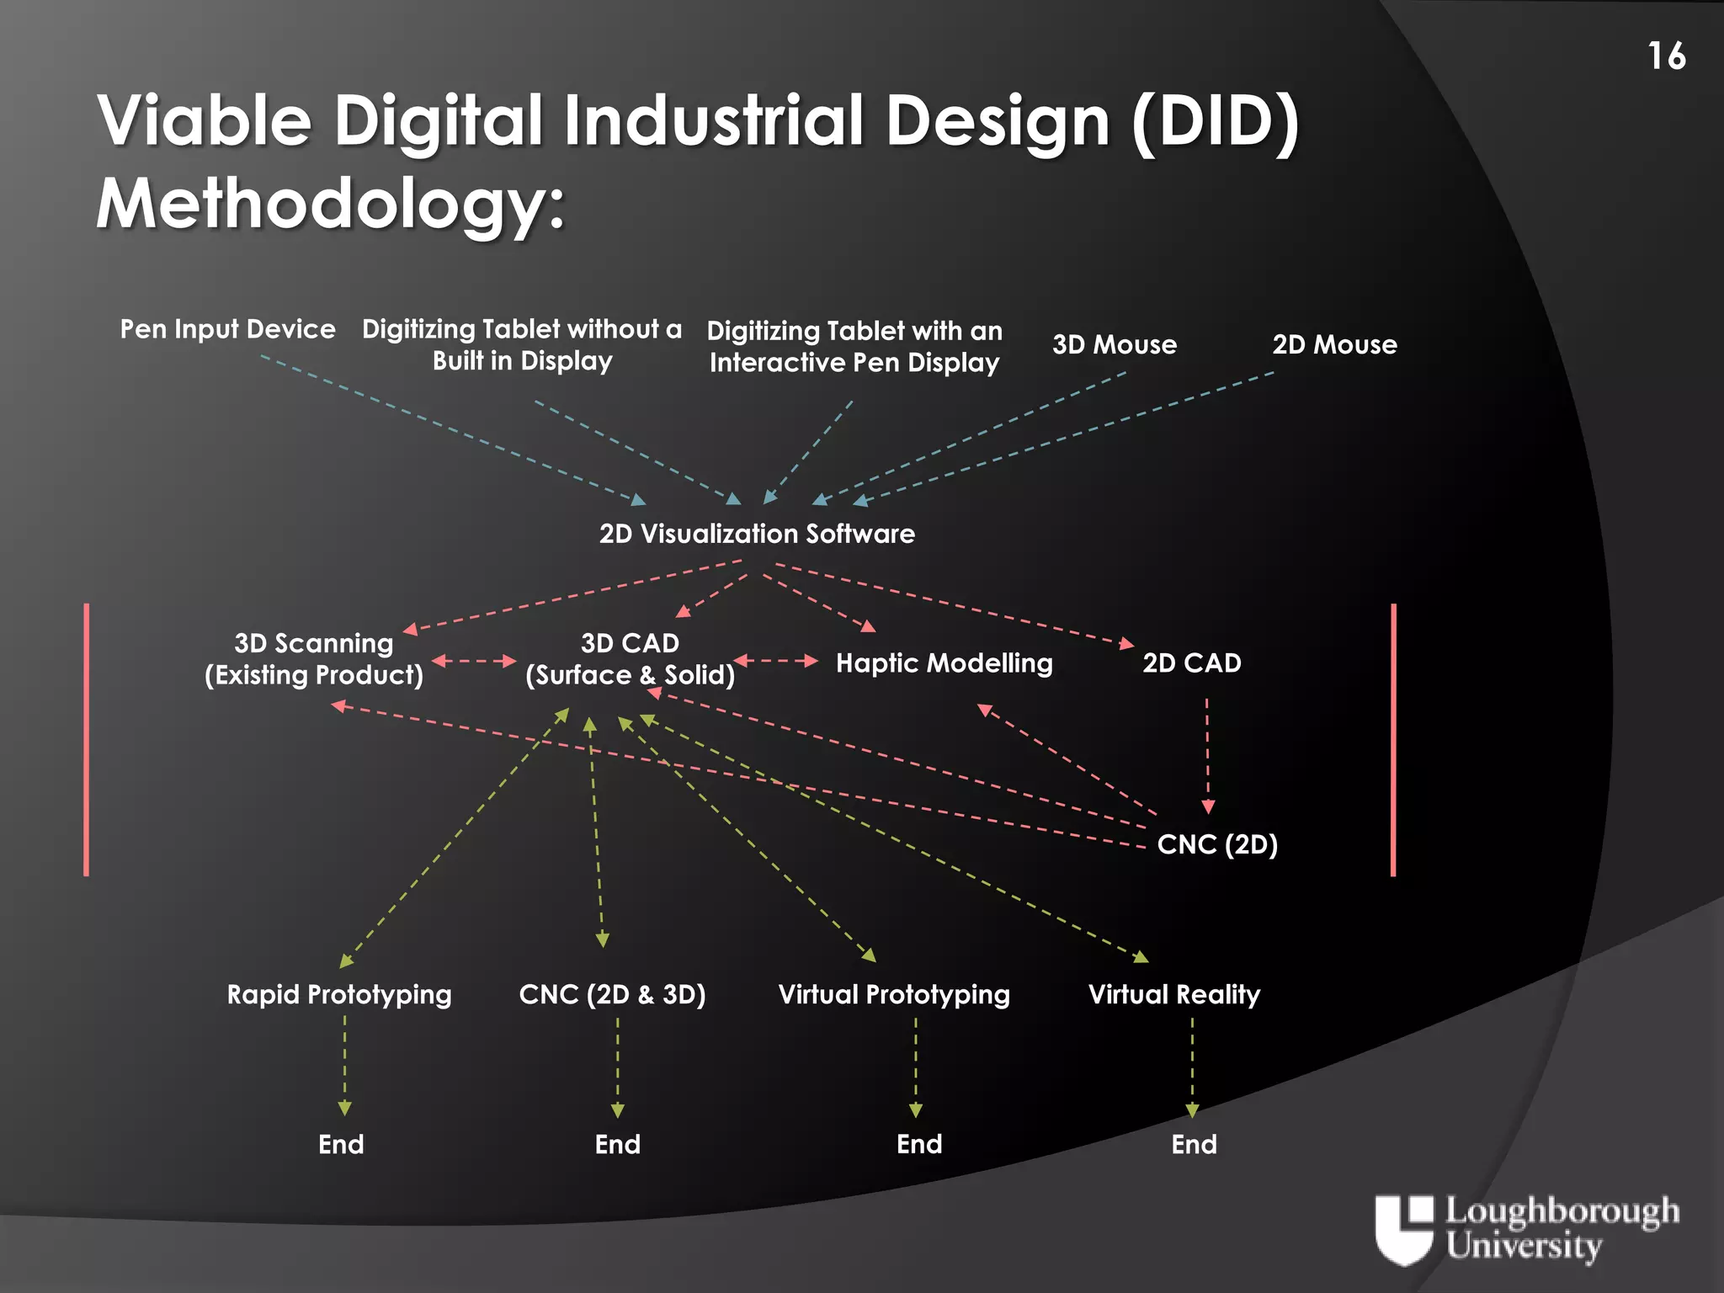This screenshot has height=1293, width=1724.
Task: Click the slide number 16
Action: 1666,56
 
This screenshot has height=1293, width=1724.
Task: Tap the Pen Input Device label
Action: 227,329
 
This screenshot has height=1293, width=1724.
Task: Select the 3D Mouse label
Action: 1114,344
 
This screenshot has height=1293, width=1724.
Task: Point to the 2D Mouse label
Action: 1334,344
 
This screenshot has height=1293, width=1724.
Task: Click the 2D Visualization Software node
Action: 757,534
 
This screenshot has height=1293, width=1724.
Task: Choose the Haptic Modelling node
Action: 944,663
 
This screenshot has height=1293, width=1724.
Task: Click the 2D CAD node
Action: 1191,663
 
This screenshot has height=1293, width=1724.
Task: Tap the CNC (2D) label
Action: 1217,844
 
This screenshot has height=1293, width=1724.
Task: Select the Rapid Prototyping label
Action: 339,995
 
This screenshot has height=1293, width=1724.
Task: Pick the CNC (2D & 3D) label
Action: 612,995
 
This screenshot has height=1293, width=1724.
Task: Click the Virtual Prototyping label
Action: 894,995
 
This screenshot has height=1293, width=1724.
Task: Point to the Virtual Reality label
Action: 1174,995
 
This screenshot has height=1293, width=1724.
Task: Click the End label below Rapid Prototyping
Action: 341,1145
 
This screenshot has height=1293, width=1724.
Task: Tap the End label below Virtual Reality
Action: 1194,1145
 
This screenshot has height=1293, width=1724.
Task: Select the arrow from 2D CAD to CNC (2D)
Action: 1207,753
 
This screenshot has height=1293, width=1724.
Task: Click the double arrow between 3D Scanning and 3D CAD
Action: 474,661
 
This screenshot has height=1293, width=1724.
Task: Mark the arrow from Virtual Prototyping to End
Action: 916,1067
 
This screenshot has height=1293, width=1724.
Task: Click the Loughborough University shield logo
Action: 1403,1229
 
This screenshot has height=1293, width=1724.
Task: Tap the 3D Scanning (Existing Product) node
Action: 314,659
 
